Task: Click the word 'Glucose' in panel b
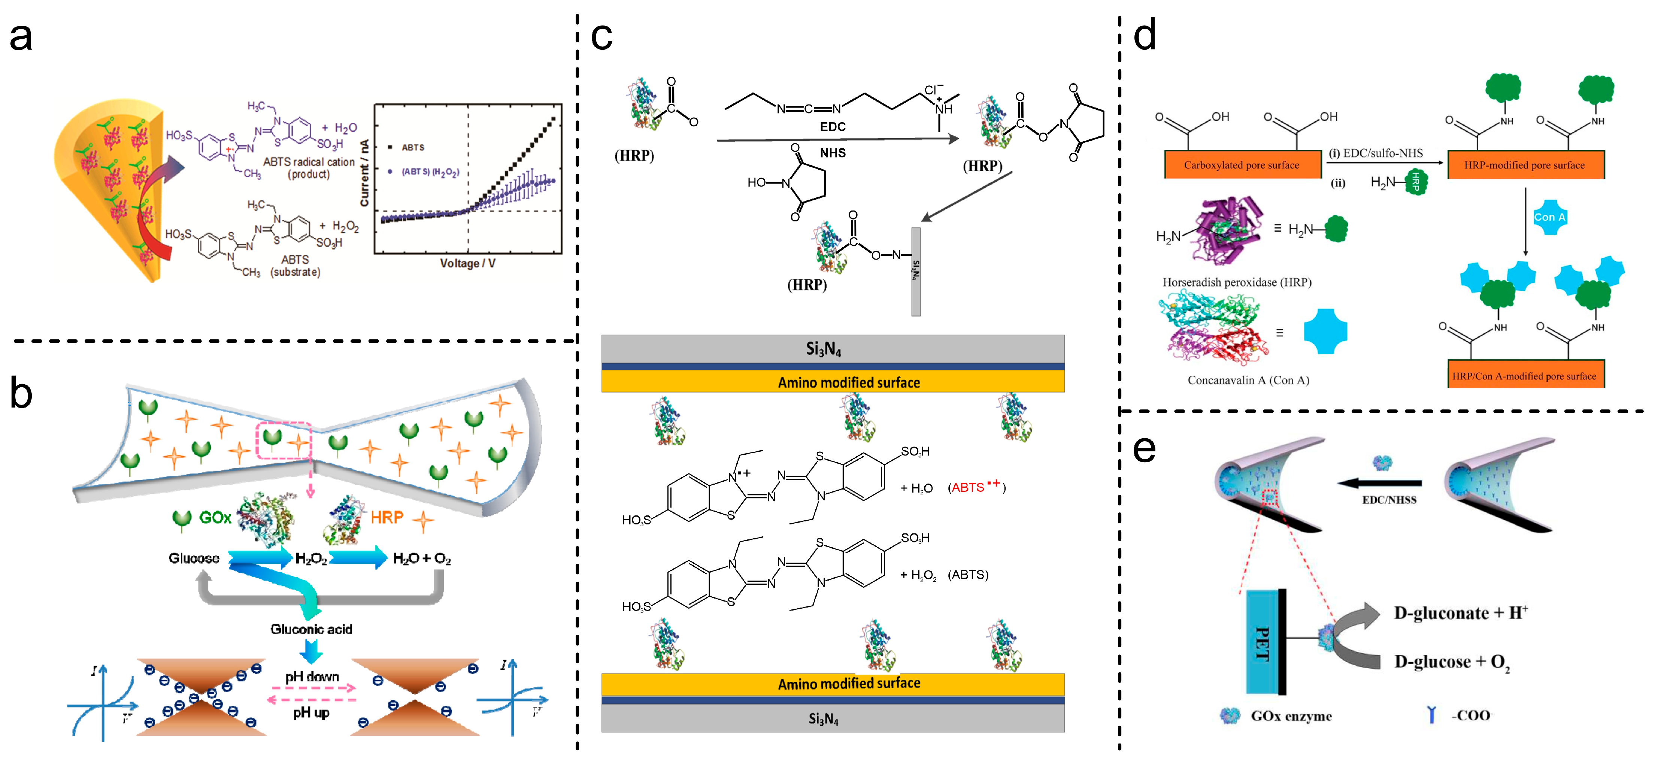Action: click(x=193, y=558)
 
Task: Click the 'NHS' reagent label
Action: click(x=832, y=153)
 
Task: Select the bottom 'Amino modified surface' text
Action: click(x=849, y=684)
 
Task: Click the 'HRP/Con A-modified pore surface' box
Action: click(x=1524, y=376)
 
